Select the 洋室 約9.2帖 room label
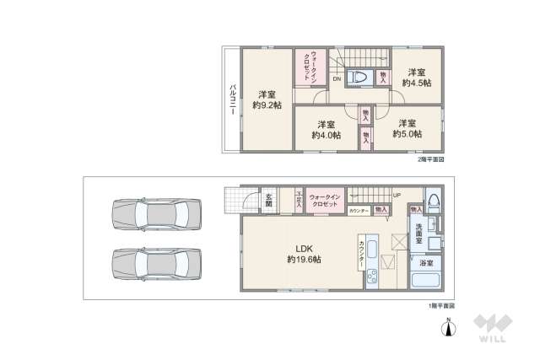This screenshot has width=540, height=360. [x=267, y=99]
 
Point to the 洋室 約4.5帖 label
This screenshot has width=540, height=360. [x=416, y=78]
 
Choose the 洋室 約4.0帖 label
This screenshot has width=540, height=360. [x=326, y=129]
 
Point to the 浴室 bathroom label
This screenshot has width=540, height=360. [x=426, y=263]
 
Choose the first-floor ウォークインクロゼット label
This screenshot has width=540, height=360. [x=325, y=201]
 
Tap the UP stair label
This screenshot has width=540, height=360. [x=396, y=197]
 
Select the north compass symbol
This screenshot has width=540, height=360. [x=447, y=325]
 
